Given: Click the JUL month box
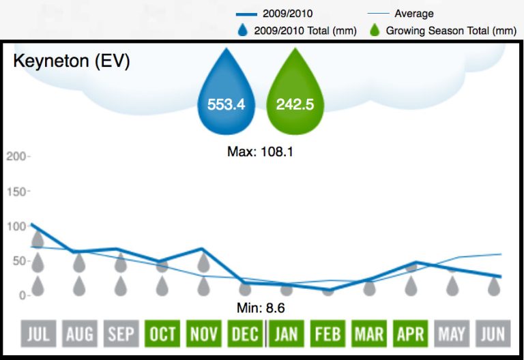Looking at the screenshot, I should coord(38,334).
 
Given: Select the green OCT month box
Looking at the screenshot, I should coord(162,334).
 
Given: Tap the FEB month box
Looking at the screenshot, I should coord(328,334).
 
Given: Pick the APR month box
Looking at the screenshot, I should coord(411,334).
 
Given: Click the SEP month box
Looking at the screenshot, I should coord(121,334).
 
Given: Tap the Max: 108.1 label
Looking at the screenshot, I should coord(260,151).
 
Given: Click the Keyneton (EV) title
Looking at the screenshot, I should coord(72,61).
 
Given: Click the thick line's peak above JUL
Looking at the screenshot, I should coord(32,224).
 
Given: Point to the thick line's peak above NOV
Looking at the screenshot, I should coord(203,249).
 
